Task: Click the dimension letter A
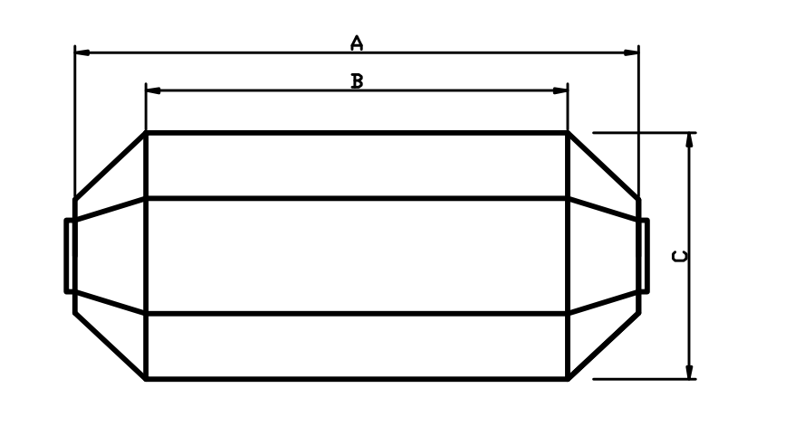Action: [357, 42]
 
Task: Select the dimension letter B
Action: [357, 81]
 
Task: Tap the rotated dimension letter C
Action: [679, 256]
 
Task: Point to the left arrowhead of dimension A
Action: [81, 52]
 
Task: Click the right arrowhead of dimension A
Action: [632, 52]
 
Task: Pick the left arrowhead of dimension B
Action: [153, 90]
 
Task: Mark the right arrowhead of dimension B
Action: [560, 90]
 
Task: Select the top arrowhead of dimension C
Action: [691, 139]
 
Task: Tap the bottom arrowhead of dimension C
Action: [691, 373]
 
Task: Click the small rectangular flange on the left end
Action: [70, 256]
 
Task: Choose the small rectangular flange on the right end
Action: [644, 256]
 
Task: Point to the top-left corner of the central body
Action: [147, 134]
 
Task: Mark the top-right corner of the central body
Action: [567, 134]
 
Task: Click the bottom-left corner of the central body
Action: [147, 379]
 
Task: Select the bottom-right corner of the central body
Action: [567, 379]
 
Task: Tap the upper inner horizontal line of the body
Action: [357, 198]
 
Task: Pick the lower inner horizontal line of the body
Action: [357, 314]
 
